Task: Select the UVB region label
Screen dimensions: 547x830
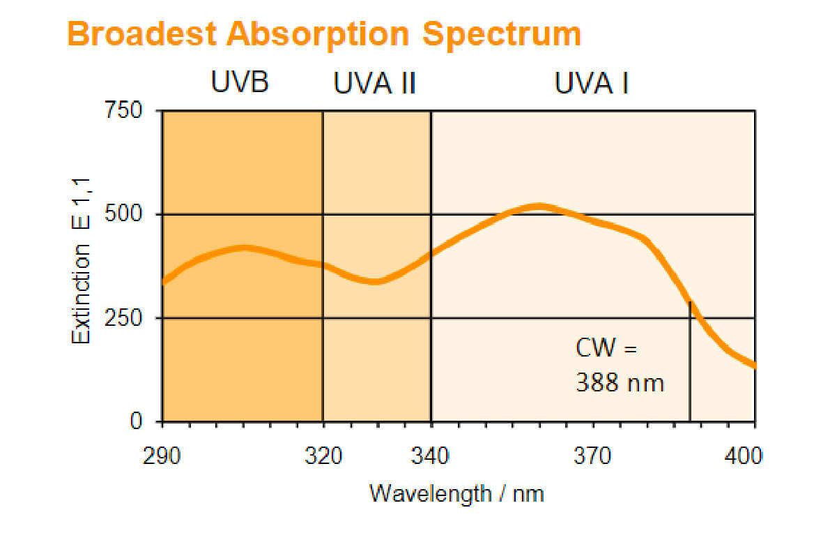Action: (240, 83)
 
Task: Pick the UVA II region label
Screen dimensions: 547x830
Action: (375, 84)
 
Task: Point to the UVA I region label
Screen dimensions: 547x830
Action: (592, 84)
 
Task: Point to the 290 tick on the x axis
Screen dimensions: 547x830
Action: (162, 457)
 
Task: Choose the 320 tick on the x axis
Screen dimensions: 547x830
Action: (323, 457)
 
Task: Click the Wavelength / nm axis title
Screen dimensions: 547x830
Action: (456, 493)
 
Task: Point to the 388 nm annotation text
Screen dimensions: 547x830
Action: (620, 382)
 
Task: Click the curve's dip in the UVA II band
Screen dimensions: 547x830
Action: (375, 281)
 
